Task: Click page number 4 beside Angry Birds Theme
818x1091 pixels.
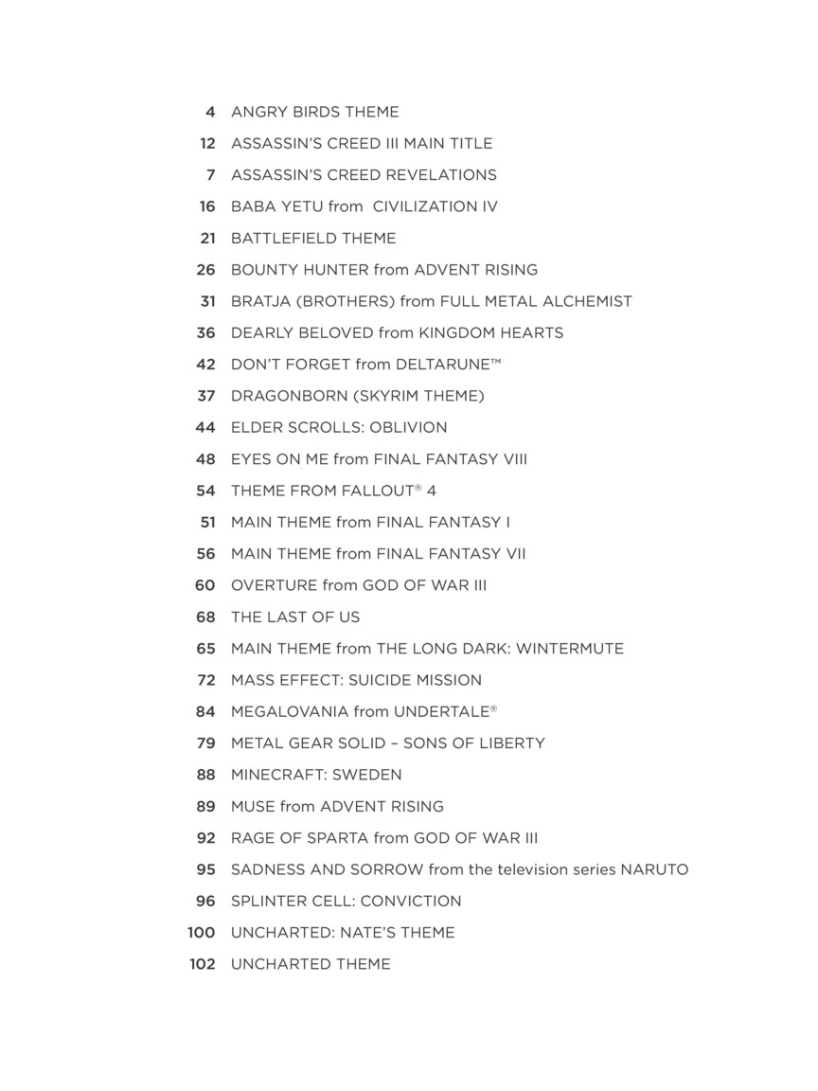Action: point(210,112)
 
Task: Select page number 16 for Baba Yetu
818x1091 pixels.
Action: point(207,206)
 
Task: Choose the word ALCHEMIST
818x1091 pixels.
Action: point(586,301)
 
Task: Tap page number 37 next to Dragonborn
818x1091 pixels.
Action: point(206,396)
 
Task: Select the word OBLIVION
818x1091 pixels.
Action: point(408,427)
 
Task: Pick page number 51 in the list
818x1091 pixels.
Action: point(207,522)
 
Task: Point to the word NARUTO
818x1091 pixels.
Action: point(654,869)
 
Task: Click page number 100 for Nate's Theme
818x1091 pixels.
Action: point(202,933)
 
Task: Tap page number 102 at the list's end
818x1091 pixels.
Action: point(203,964)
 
